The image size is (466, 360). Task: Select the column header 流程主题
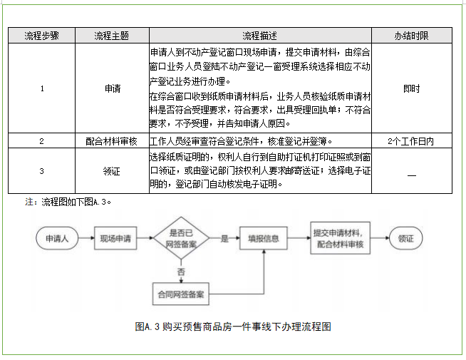(113, 36)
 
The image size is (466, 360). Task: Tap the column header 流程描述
(259, 36)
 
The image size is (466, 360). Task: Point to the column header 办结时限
(411, 36)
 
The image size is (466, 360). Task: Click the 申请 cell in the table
(113, 89)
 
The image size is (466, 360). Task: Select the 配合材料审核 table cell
(113, 141)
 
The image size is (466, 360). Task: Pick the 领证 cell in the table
(113, 171)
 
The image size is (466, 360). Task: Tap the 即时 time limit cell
(411, 89)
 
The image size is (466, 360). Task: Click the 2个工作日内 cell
(411, 141)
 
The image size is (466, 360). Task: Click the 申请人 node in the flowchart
(58, 239)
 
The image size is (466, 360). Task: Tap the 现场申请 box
(115, 239)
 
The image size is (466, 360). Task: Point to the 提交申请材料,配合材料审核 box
(337, 239)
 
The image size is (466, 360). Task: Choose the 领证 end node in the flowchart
(405, 239)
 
